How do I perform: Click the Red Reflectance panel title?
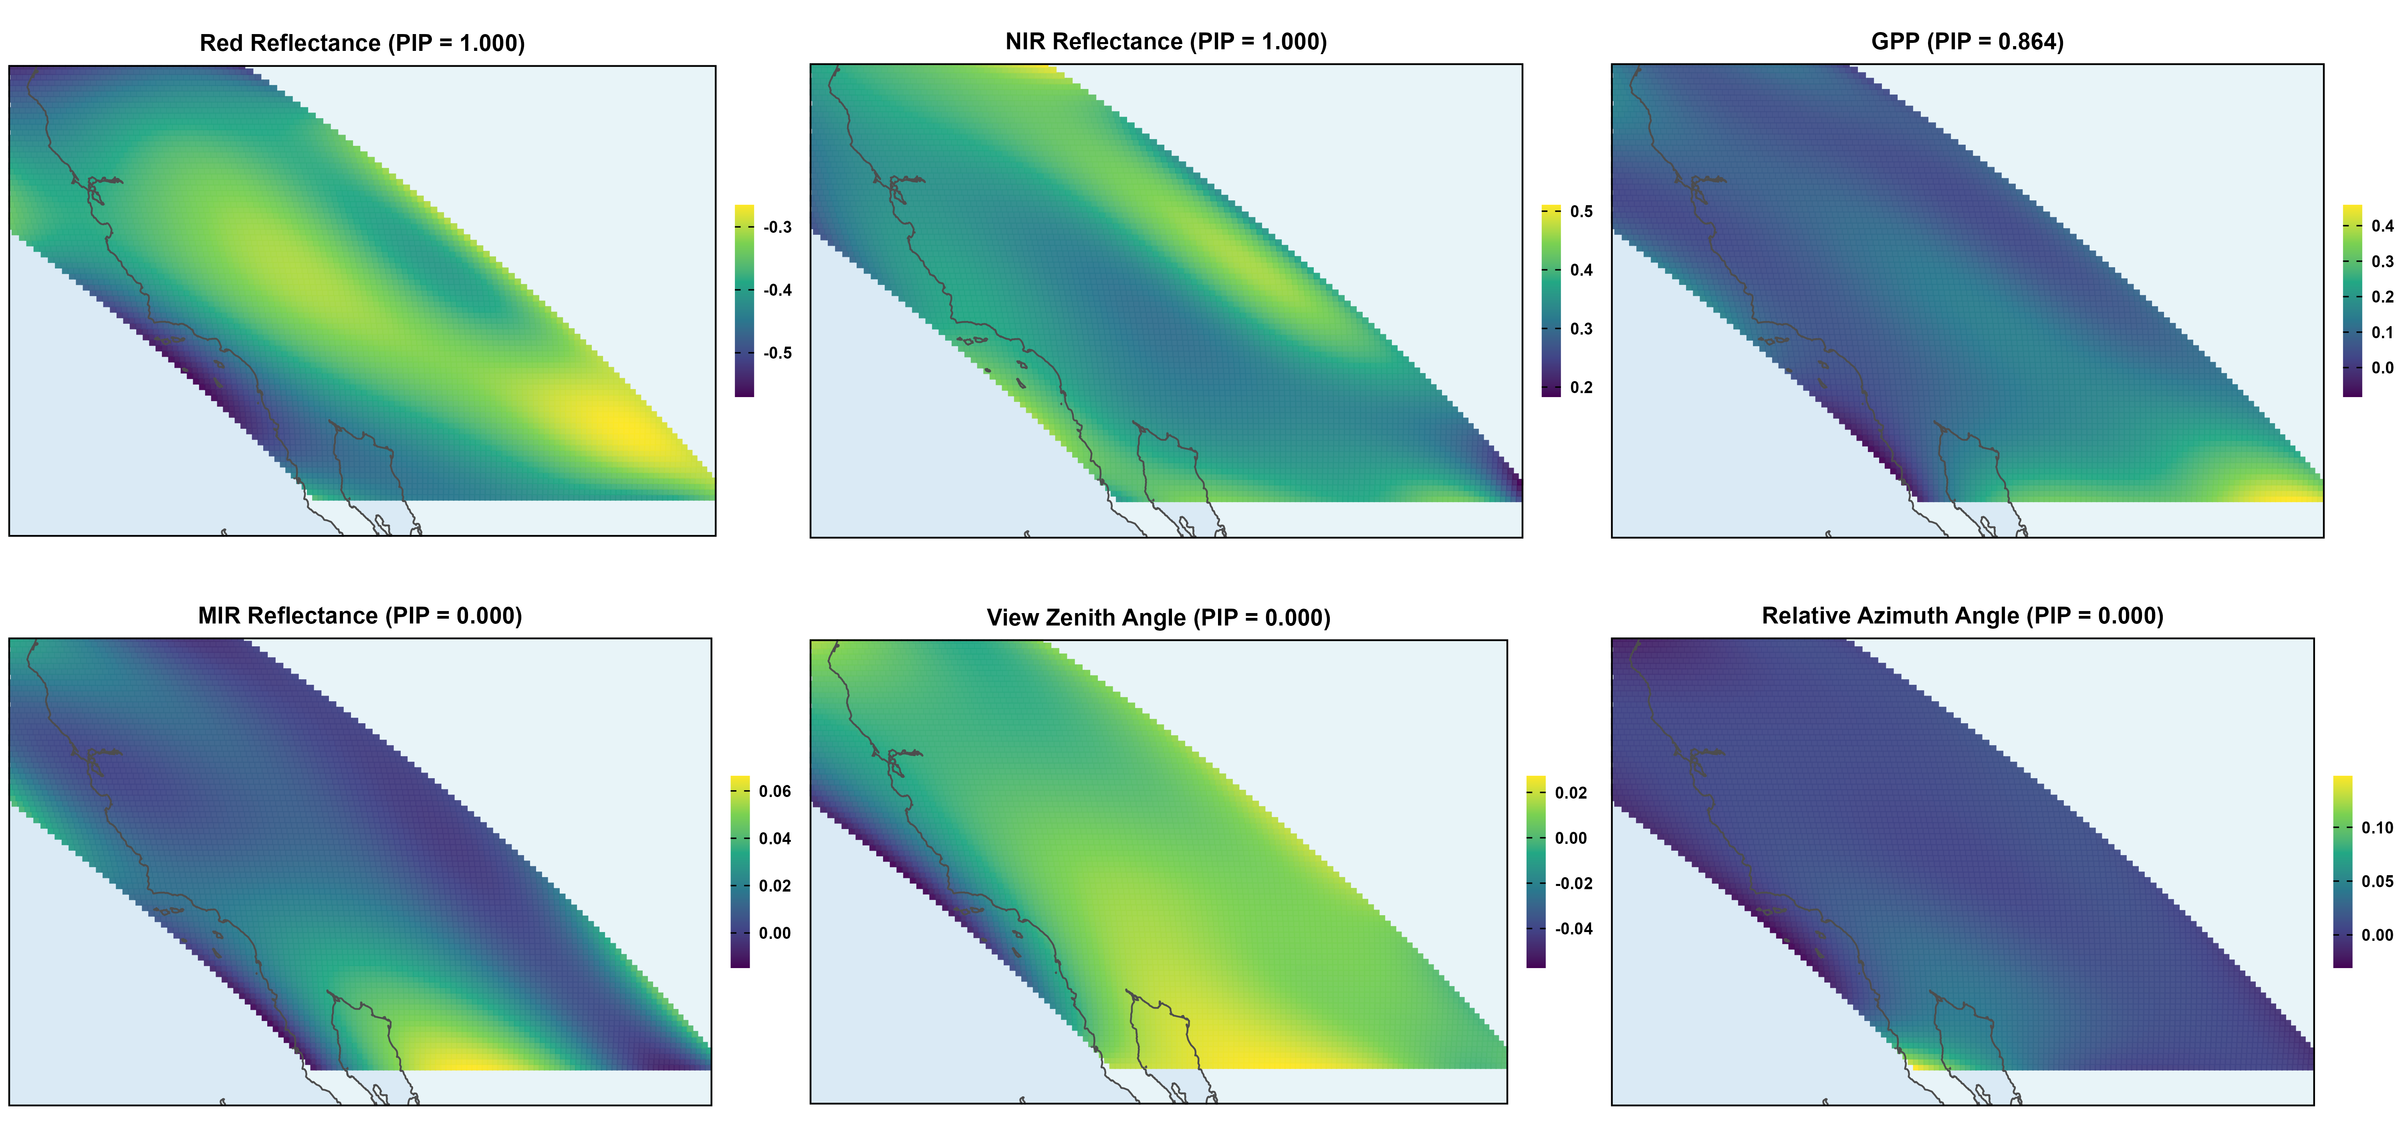[362, 43]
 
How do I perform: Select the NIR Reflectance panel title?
[1166, 42]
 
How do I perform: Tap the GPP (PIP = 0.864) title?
[1967, 42]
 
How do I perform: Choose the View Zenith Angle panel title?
[1158, 617]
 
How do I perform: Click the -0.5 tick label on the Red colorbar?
[776, 353]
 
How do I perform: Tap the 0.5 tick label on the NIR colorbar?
[1581, 212]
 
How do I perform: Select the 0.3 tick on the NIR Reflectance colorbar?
[1581, 329]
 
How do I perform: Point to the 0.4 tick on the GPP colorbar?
[2382, 226]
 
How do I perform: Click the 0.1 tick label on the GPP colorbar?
[2382, 332]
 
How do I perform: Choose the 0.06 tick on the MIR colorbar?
[774, 791]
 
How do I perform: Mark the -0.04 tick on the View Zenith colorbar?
[1573, 928]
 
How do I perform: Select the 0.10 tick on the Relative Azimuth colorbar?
[2376, 827]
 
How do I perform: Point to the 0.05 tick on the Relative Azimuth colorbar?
[2376, 881]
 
